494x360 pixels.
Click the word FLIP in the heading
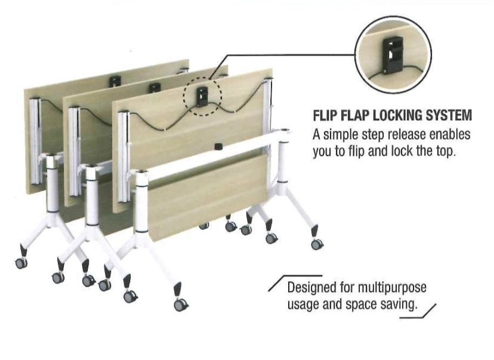[325, 115]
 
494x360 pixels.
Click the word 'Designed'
[310, 288]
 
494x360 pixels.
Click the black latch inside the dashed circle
[203, 94]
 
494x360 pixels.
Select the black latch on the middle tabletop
[155, 88]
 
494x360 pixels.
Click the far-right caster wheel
[317, 244]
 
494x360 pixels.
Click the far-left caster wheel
[21, 263]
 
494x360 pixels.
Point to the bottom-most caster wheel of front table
[180, 304]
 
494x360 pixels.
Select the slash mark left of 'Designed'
[276, 287]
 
